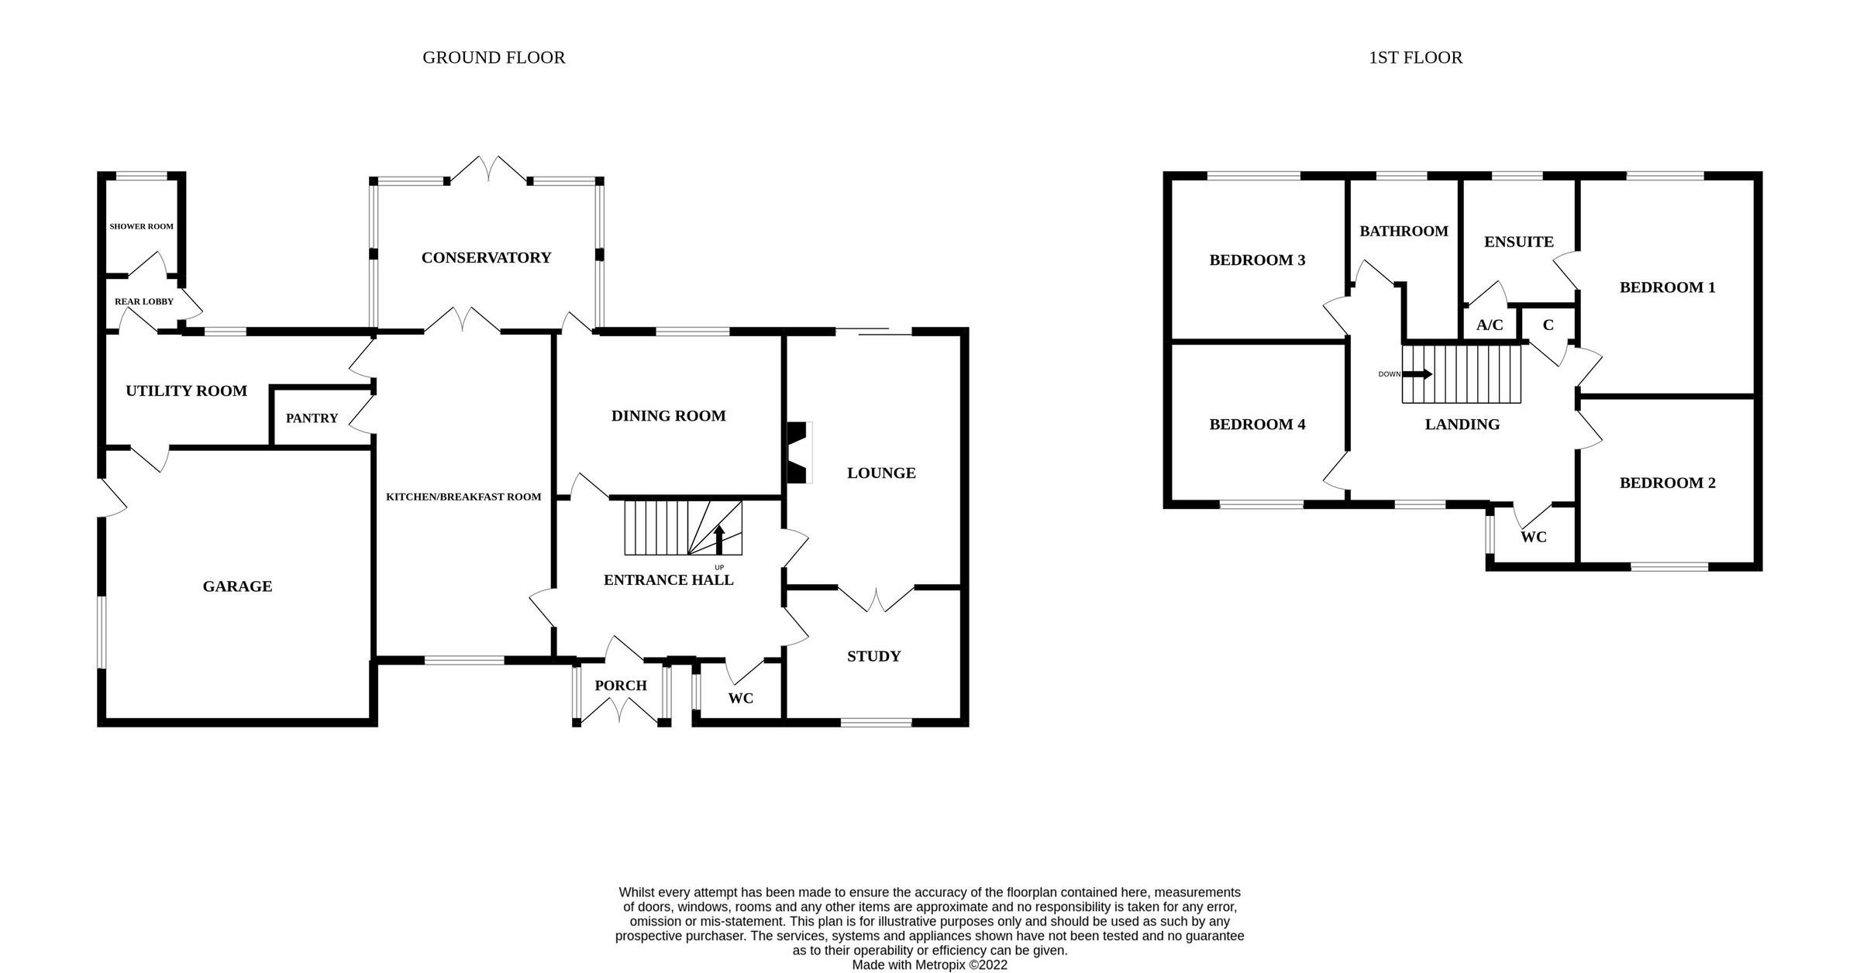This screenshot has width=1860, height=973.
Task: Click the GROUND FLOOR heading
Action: click(x=494, y=57)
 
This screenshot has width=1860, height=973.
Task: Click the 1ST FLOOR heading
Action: click(x=1415, y=57)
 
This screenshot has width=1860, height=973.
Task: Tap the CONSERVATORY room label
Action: click(x=486, y=258)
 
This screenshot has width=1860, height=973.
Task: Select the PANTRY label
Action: click(x=312, y=418)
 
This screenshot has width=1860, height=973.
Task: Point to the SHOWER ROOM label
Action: click(x=142, y=226)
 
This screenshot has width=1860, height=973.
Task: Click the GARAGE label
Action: click(x=237, y=586)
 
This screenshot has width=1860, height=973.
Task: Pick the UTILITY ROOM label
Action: click(x=186, y=391)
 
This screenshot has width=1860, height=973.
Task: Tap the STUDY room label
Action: click(x=873, y=656)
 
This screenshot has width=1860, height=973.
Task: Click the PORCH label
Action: click(x=621, y=686)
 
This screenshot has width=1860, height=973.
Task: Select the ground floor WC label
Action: click(x=741, y=698)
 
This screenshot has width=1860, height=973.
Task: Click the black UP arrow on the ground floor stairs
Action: click(x=719, y=540)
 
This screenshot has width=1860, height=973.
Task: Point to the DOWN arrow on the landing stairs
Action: click(x=1417, y=374)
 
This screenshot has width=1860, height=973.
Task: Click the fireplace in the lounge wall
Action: click(x=798, y=452)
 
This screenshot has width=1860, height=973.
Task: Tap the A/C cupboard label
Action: click(x=1490, y=325)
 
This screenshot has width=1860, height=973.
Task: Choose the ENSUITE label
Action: click(x=1519, y=242)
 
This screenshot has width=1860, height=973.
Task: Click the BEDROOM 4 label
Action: click(x=1257, y=425)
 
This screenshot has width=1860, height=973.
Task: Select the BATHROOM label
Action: click(x=1404, y=231)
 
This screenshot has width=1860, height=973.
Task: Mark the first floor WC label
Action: click(x=1534, y=537)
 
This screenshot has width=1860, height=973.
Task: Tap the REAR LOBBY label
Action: click(x=144, y=301)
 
